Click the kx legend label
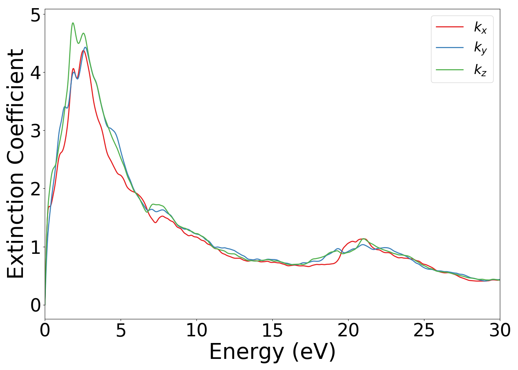point(480,27)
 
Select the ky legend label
point(480,48)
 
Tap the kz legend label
point(480,70)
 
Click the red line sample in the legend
point(450,27)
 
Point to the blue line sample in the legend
point(450,47)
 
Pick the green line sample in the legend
point(450,69)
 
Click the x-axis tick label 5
point(121,331)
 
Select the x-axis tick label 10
point(196,331)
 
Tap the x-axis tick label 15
point(272,331)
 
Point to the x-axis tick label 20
point(348,331)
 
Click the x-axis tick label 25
point(424,331)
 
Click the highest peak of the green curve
point(73,23)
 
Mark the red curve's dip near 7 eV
point(155,222)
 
